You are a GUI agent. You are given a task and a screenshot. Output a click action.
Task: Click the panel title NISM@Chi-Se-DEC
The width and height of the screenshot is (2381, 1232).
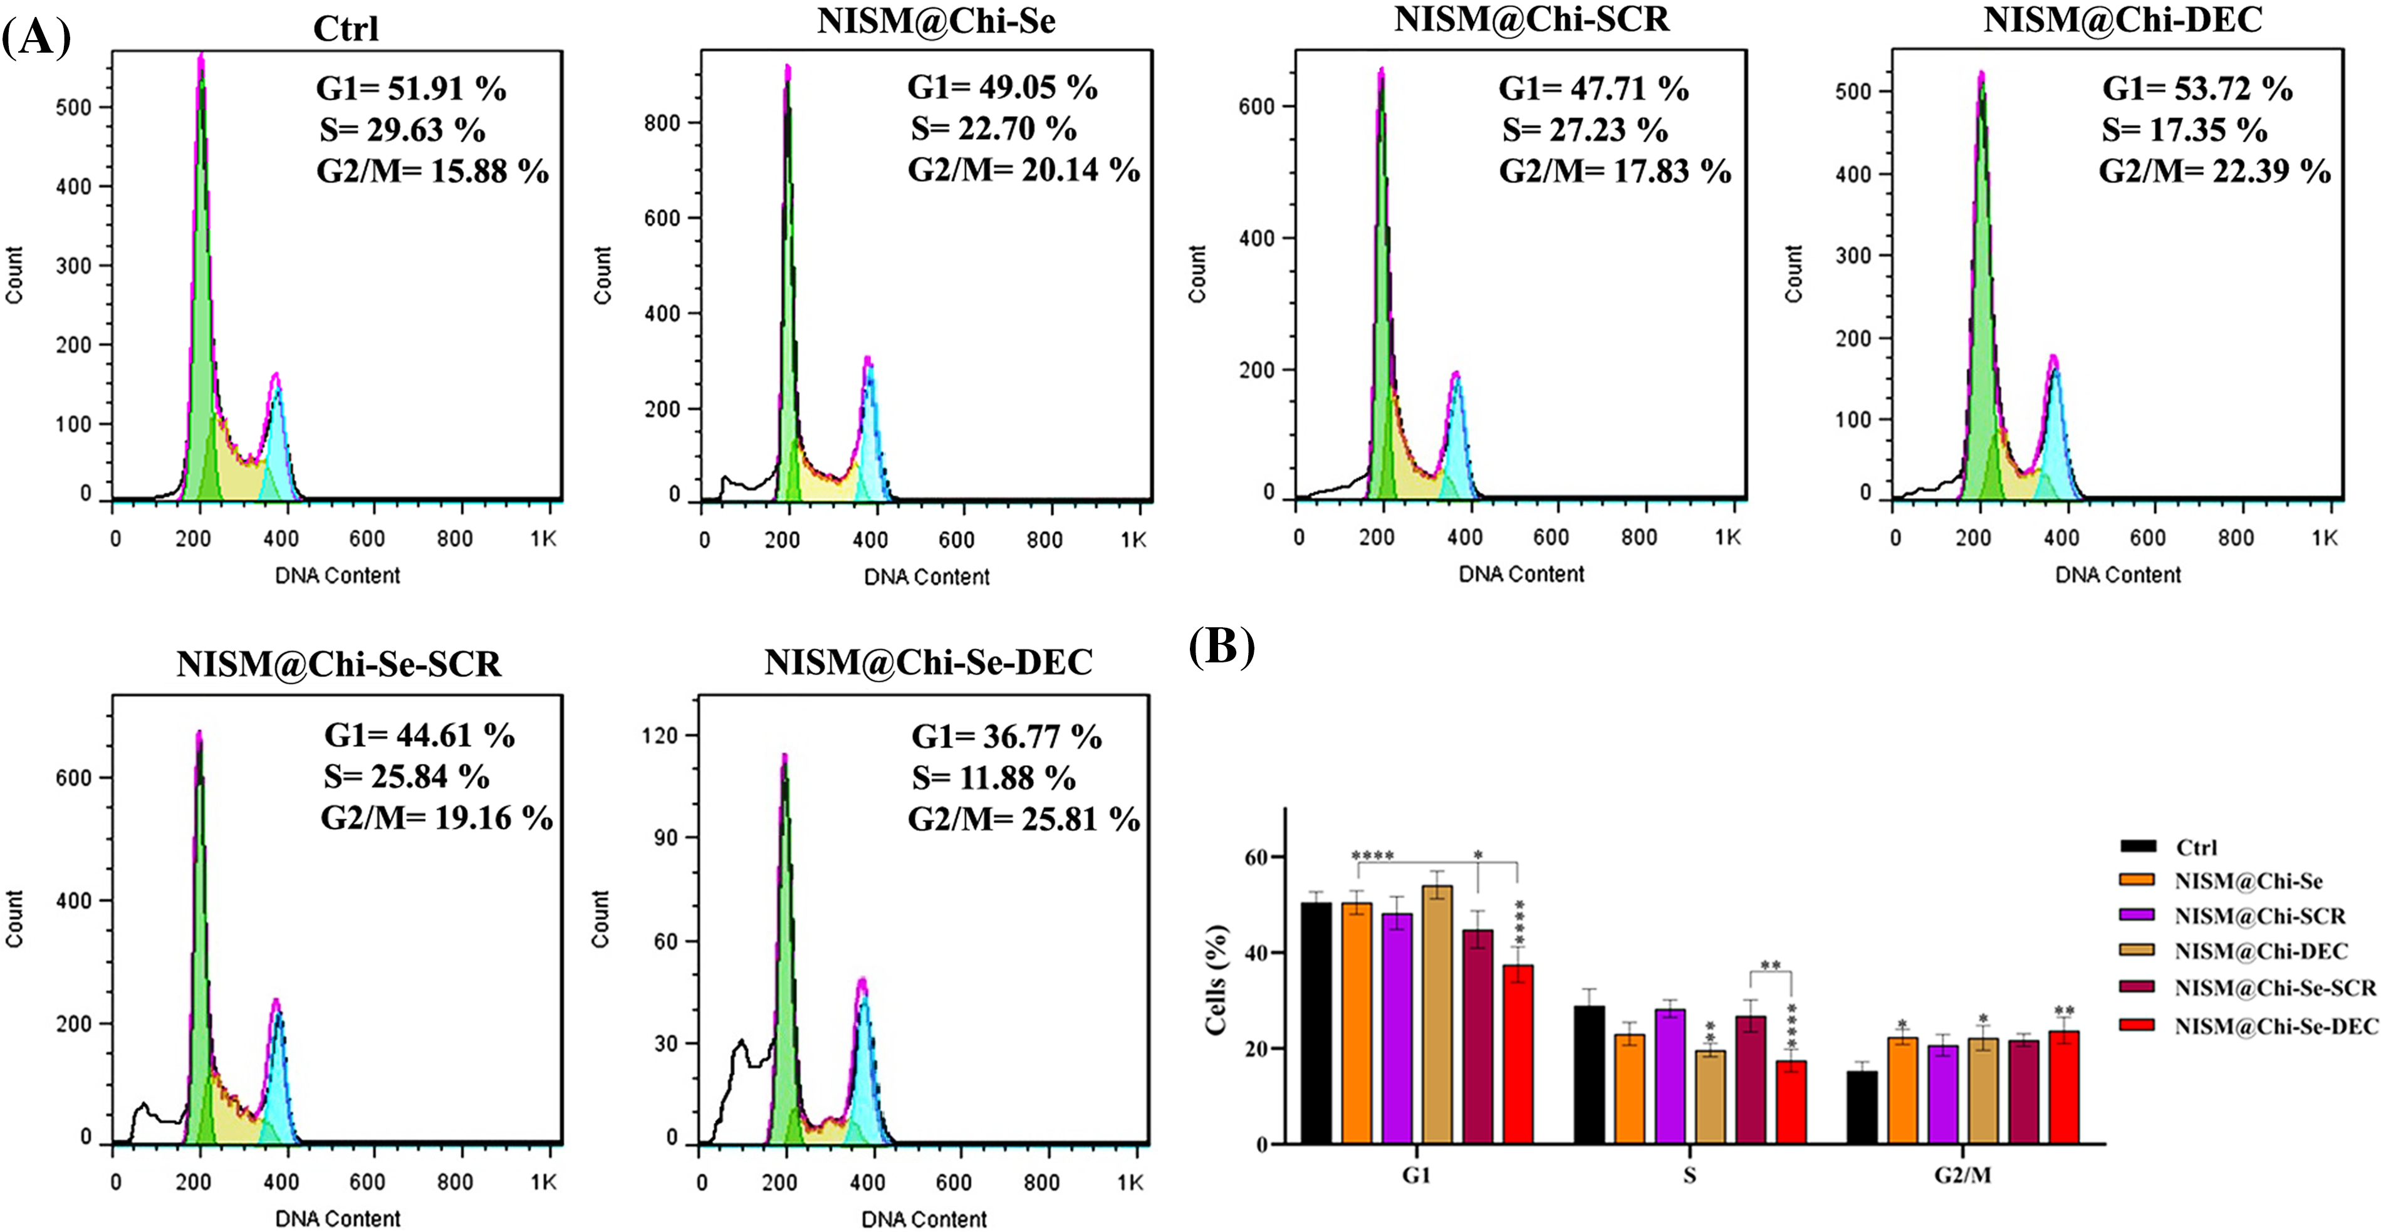coord(928,662)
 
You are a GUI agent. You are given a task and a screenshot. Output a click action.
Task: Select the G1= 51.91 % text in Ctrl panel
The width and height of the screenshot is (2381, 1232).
coord(410,90)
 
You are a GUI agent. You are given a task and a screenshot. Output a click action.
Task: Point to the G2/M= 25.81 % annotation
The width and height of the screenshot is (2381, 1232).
coord(1023,820)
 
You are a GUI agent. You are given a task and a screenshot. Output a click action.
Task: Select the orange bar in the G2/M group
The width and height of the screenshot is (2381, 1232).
coord(1902,1090)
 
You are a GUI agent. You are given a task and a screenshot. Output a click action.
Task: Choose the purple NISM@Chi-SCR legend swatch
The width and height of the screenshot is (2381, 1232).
coord(2137,915)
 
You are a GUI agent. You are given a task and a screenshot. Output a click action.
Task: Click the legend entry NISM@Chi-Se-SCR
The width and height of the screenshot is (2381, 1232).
coord(2274,988)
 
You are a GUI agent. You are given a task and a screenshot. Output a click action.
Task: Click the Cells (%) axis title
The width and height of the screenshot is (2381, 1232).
coord(1216,979)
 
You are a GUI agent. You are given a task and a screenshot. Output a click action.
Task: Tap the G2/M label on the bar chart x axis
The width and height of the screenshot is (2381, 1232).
coord(1963,1176)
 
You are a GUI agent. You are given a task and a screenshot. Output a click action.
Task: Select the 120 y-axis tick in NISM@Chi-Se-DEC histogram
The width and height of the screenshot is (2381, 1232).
coord(660,736)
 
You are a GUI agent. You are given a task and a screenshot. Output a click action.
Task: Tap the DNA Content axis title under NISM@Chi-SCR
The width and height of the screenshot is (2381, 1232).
coord(1521,575)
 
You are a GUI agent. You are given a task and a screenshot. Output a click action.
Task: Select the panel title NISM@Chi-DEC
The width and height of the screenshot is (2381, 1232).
coord(2122,19)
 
